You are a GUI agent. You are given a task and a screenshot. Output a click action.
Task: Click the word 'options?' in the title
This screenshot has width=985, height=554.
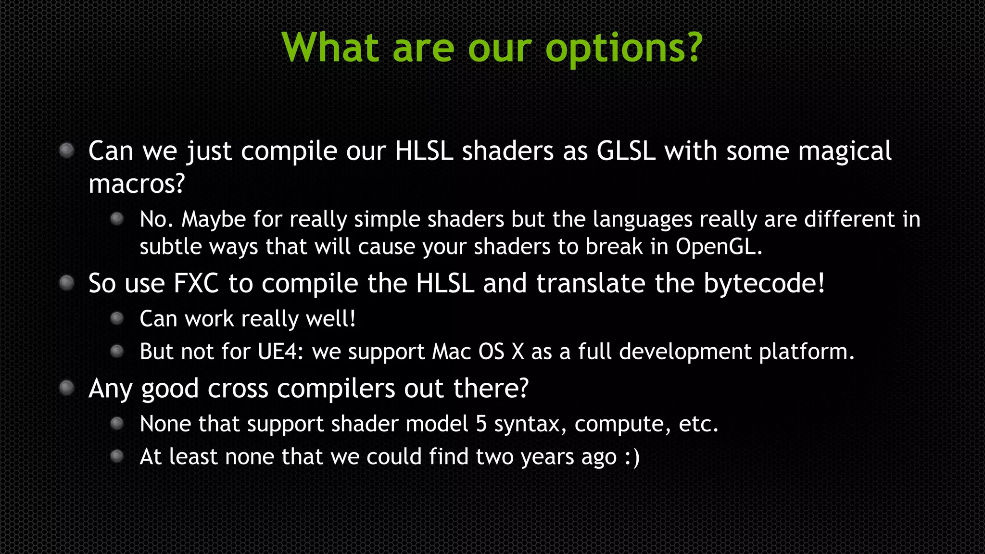pos(624,48)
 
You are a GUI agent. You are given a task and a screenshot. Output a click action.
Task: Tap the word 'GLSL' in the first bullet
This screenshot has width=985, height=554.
pos(626,151)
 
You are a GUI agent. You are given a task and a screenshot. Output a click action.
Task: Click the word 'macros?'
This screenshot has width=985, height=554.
pos(137,184)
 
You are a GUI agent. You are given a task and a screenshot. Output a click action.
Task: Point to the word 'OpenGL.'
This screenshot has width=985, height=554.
pos(719,247)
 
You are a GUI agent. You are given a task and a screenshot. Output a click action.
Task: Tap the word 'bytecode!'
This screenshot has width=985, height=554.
pos(764,283)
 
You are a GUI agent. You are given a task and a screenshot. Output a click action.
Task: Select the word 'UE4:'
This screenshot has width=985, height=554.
pos(280,352)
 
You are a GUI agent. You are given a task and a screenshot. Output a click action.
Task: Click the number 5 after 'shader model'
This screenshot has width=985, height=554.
pos(481,424)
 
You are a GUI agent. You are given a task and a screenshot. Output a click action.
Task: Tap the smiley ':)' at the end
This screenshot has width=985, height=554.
pos(632,457)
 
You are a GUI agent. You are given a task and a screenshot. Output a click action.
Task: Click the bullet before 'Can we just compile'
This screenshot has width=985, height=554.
pos(66,151)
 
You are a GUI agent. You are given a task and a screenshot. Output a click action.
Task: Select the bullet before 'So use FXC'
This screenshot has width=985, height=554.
pos(66,283)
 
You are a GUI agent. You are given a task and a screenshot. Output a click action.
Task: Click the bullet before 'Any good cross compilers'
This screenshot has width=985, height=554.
pos(66,388)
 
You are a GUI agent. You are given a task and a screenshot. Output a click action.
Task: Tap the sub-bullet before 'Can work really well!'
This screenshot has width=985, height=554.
pos(117,318)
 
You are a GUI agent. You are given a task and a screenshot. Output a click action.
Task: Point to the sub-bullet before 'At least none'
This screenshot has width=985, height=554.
pos(117,456)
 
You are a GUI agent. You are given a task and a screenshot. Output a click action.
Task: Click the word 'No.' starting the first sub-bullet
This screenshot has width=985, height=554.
pos(156,219)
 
